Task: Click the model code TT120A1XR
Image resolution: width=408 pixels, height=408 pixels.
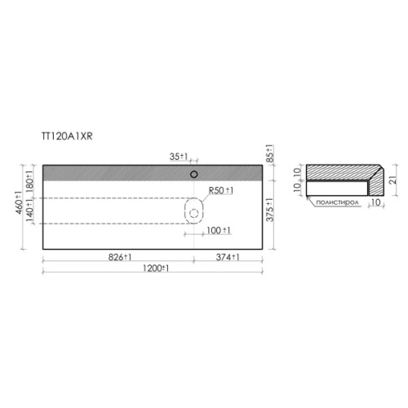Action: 67,136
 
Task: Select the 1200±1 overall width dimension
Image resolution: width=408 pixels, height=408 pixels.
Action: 156,268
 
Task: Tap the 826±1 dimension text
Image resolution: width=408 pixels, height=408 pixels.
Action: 120,257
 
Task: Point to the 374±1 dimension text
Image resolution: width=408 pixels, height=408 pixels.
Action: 228,257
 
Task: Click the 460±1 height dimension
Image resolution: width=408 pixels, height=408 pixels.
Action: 19,202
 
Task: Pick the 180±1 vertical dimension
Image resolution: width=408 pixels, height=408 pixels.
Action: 29,180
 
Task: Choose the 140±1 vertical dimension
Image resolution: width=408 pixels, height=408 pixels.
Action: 29,211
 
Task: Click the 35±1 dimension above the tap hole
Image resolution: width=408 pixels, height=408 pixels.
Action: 179,157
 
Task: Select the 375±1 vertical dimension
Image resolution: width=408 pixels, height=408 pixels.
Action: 269,210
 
